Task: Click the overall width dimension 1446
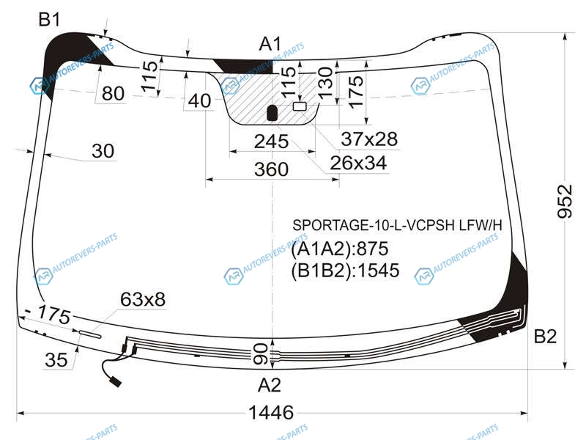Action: (x=271, y=413)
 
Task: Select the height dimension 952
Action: (x=565, y=201)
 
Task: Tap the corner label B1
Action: (x=49, y=19)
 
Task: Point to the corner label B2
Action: (x=545, y=337)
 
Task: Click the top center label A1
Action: (x=270, y=44)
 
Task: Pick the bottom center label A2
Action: (x=269, y=385)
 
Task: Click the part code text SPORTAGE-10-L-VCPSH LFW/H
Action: (x=397, y=225)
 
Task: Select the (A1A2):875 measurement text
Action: (x=340, y=249)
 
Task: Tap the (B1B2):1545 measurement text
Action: (x=345, y=271)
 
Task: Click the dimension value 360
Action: (x=271, y=169)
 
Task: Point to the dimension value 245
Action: (x=271, y=142)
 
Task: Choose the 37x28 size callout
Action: (x=369, y=139)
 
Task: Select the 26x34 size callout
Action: (x=358, y=163)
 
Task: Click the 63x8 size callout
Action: (x=143, y=299)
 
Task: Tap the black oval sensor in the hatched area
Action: (x=272, y=113)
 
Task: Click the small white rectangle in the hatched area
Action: (x=300, y=106)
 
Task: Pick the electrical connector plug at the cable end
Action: (x=115, y=382)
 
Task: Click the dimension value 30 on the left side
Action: (x=103, y=151)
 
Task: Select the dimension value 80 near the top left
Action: (x=113, y=93)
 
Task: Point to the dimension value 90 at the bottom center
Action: (x=261, y=354)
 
